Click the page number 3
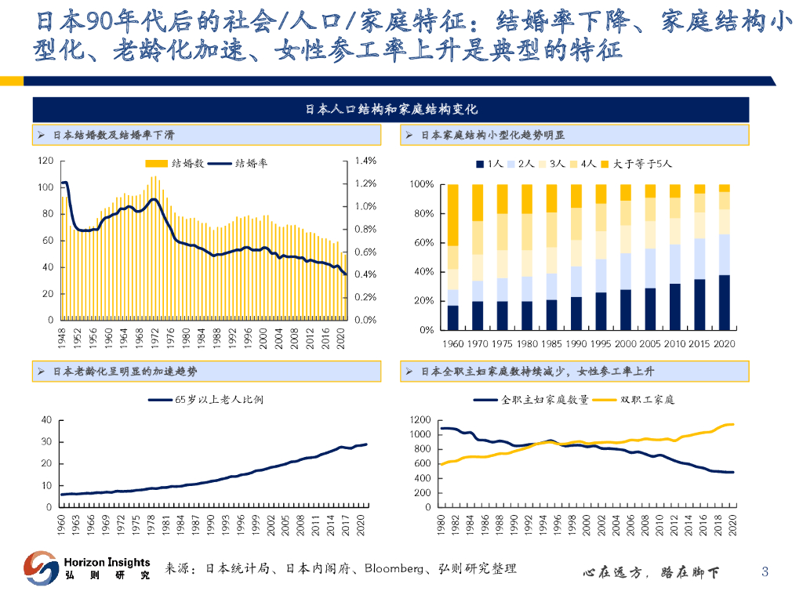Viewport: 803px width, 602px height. (765, 572)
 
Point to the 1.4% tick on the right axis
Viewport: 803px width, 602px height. (366, 161)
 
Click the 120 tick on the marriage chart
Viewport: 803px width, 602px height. (45, 161)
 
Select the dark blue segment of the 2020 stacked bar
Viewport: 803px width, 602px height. (725, 302)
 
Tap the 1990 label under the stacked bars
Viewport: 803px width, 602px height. (576, 343)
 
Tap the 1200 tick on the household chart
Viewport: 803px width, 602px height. (420, 420)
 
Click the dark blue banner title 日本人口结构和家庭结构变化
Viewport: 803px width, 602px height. (391, 110)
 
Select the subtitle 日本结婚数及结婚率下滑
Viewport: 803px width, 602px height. (113, 136)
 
